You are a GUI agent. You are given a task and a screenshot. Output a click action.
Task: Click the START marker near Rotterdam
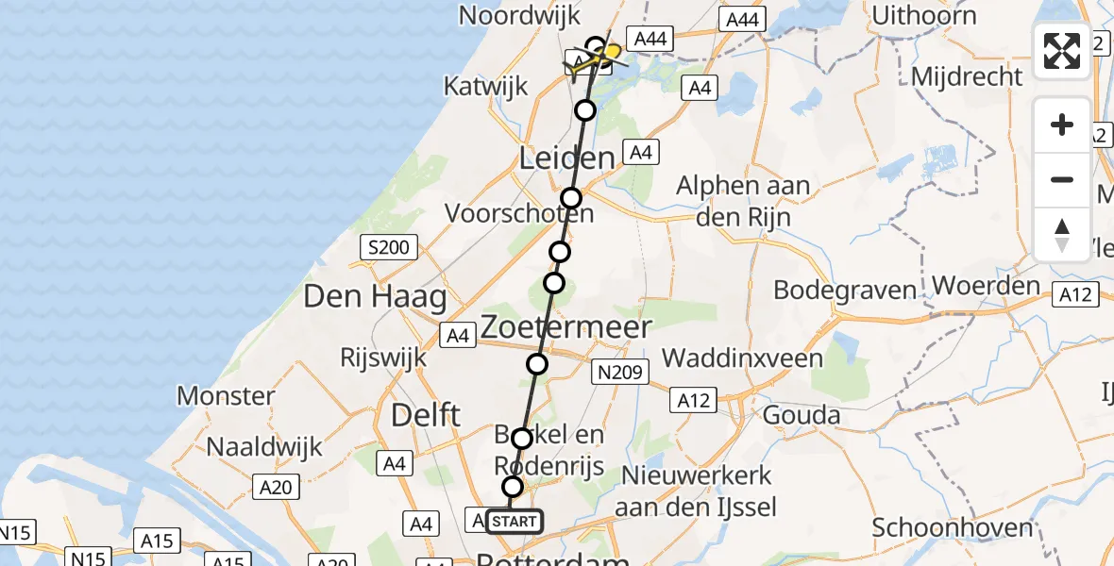pyautogui.click(x=515, y=521)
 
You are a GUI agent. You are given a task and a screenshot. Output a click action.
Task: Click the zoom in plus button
pyautogui.click(x=1062, y=125)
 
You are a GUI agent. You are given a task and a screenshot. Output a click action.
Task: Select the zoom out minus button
pyautogui.click(x=1062, y=179)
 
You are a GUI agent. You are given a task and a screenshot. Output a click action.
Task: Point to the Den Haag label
pyautogui.click(x=374, y=298)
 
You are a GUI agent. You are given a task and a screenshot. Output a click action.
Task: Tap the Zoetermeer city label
pyautogui.click(x=565, y=327)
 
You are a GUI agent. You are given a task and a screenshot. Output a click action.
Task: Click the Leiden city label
pyautogui.click(x=566, y=158)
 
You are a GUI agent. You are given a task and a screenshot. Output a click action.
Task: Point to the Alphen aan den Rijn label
pyautogui.click(x=743, y=200)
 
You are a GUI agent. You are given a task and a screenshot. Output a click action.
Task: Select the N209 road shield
pyautogui.click(x=618, y=373)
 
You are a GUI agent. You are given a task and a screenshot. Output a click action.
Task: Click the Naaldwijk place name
pyautogui.click(x=263, y=446)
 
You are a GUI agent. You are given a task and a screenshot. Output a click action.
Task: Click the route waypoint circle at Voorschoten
pyautogui.click(x=571, y=198)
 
